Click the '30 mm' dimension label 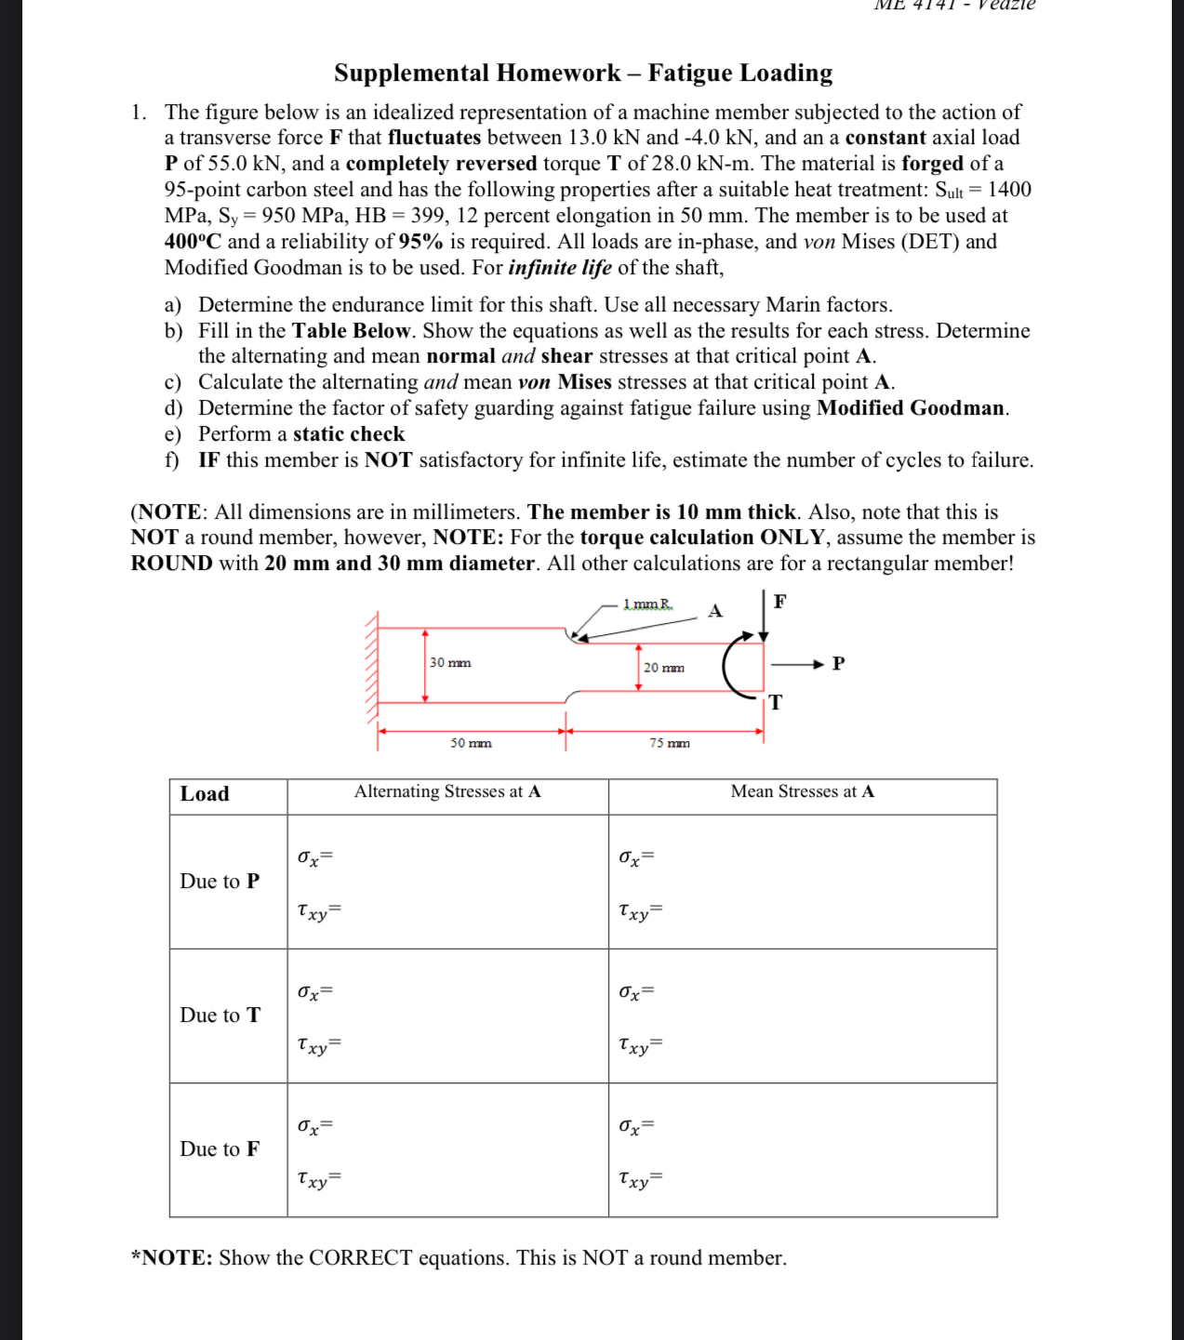(x=450, y=663)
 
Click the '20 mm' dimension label (x=663, y=668)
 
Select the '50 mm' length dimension (x=471, y=743)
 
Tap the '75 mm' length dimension (x=669, y=743)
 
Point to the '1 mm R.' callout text (x=648, y=604)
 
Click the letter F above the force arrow (x=779, y=602)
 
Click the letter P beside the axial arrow (x=838, y=663)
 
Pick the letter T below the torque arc (x=776, y=702)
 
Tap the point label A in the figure (x=715, y=611)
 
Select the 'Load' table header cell (x=205, y=794)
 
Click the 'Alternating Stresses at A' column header (x=447, y=791)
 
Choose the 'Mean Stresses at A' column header (x=802, y=791)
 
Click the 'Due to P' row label (x=220, y=882)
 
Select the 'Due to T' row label (x=220, y=1015)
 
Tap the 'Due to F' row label (x=220, y=1149)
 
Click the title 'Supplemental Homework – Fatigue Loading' (x=583, y=73)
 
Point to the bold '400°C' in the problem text (x=193, y=242)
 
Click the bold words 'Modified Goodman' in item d (x=911, y=408)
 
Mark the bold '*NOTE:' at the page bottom (x=172, y=1258)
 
